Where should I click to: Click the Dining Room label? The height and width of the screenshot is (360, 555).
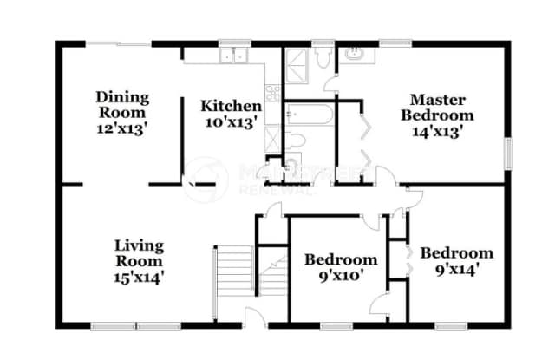tap(122, 105)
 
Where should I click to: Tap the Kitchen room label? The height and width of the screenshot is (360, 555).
tap(231, 106)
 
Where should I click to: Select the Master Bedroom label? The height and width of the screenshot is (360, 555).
tap(442, 107)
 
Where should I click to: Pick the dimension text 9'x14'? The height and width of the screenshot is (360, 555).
tap(456, 269)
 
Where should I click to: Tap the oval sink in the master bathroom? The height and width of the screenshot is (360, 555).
tap(355, 54)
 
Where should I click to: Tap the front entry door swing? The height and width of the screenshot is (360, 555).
tap(252, 317)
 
